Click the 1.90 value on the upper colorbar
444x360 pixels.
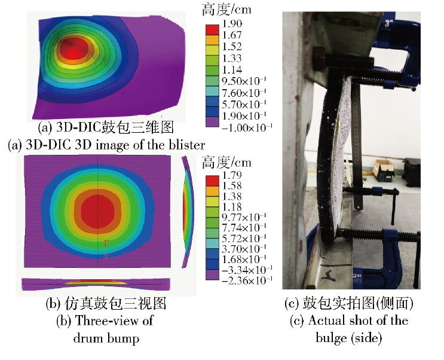point(232,23)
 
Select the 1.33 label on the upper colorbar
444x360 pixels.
point(232,58)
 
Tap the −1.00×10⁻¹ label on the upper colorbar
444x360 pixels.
point(247,127)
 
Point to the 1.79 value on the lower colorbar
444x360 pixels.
point(232,175)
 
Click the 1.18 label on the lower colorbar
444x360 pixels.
point(232,207)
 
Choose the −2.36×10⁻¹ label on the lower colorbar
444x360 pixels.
point(247,280)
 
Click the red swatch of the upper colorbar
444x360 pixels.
point(212,30)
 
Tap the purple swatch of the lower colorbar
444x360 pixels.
point(212,274)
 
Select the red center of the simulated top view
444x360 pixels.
point(97,211)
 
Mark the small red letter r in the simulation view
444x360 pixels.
point(106,243)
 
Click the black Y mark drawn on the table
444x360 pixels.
point(330,276)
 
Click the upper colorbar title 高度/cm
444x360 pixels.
point(226,10)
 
